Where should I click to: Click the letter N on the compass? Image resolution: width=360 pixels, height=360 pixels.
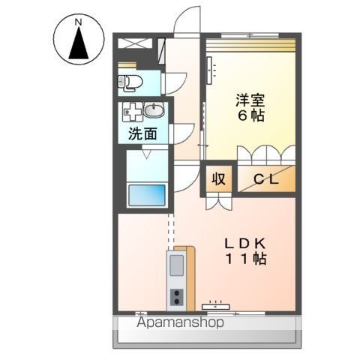click(79, 22)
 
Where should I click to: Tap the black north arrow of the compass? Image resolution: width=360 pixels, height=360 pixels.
click(79, 43)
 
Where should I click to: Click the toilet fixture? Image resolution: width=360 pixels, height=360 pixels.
click(130, 82)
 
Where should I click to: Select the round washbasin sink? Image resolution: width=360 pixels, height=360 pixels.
click(154, 110)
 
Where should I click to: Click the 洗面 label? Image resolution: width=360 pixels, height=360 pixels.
click(142, 133)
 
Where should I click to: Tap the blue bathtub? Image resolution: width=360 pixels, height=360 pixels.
click(147, 195)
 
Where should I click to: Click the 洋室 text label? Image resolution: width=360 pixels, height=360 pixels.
click(250, 100)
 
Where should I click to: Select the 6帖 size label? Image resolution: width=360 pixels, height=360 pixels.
click(250, 115)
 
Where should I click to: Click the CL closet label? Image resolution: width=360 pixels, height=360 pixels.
click(266, 179)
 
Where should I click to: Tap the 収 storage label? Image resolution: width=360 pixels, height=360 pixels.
click(219, 178)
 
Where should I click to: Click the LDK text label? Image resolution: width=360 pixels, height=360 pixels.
click(245, 244)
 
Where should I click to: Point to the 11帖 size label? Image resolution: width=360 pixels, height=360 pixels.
click(246, 259)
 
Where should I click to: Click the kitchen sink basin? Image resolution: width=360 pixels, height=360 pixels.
click(176, 265)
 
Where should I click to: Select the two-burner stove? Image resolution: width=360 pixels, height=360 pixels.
click(177, 298)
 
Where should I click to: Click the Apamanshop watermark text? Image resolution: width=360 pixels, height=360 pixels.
click(180, 322)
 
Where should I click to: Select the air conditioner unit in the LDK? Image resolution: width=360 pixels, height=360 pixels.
click(215, 306)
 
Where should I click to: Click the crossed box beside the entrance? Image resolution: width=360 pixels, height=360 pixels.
click(135, 43)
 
